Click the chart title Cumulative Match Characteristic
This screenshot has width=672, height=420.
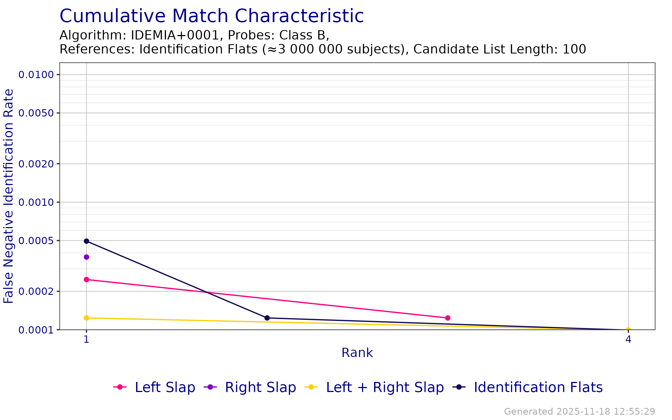(211, 16)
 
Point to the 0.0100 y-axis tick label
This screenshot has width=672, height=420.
(36, 75)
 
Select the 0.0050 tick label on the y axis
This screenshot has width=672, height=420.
(36, 113)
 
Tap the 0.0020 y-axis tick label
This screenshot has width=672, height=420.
(36, 164)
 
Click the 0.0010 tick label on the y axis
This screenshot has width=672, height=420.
(36, 202)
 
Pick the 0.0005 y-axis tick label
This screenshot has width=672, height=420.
(36, 241)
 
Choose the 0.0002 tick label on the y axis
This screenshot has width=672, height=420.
(36, 291)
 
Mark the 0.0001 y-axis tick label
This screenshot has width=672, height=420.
(36, 330)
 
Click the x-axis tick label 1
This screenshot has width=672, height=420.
(87, 339)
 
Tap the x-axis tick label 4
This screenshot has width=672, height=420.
(628, 339)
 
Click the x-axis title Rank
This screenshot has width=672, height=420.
(357, 353)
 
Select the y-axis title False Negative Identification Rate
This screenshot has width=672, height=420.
(8, 196)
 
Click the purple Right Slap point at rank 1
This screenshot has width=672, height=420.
(87, 257)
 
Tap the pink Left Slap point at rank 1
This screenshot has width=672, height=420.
(87, 279)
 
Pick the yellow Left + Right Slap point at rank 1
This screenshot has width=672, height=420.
(87, 318)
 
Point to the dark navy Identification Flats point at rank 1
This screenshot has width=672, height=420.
(87, 241)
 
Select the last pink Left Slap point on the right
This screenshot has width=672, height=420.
(448, 318)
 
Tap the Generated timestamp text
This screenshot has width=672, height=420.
(580, 412)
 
